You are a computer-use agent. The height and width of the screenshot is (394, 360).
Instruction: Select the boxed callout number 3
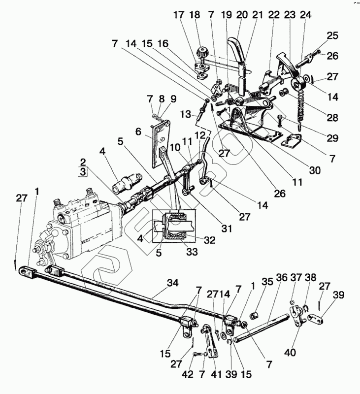click(83, 172)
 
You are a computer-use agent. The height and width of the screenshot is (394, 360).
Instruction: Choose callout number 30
click(314, 170)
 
